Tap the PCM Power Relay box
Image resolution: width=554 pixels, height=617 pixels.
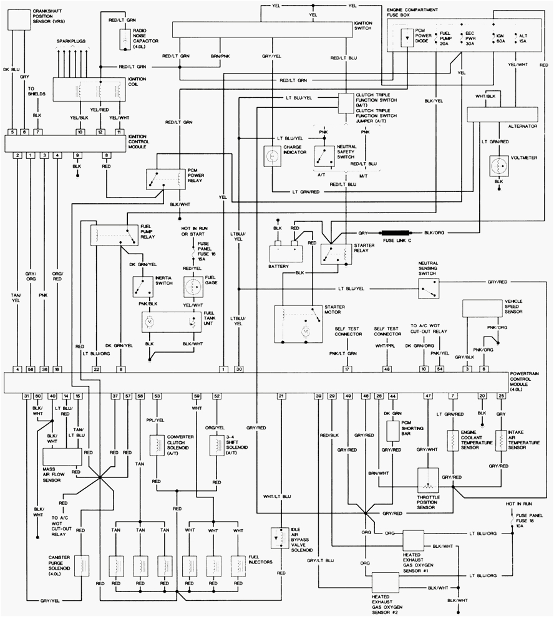[x=162, y=179]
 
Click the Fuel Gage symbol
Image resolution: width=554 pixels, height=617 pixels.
[x=193, y=286]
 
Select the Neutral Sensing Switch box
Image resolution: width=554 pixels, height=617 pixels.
[x=428, y=286]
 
